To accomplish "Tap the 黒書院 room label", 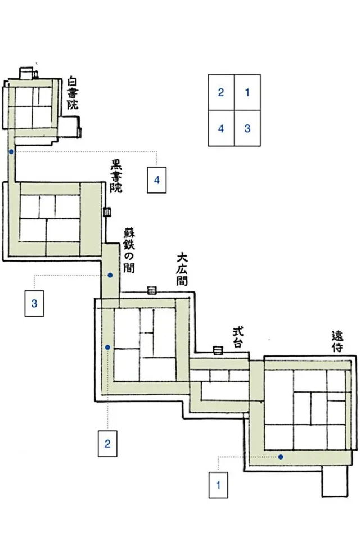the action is click(116, 175).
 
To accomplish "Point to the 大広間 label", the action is click(182, 269).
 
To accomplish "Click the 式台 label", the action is click(238, 337).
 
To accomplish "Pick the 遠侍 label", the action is click(337, 341).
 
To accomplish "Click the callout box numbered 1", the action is click(218, 485).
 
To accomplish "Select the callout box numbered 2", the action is click(107, 444).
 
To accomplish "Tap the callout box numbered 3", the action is click(34, 303).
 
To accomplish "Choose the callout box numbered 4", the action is click(157, 180).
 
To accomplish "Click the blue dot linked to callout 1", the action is click(281, 457).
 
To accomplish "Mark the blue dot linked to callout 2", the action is click(107, 348).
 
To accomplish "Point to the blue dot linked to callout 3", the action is click(110, 275).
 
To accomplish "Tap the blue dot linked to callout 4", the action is click(11, 151).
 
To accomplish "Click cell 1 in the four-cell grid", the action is click(247, 92).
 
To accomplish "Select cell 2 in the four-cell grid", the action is click(221, 92).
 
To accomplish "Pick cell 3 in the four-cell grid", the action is click(247, 128).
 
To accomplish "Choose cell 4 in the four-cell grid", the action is click(221, 128).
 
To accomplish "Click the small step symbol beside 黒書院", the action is click(107, 212).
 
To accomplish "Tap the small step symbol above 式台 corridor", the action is click(218, 350).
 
